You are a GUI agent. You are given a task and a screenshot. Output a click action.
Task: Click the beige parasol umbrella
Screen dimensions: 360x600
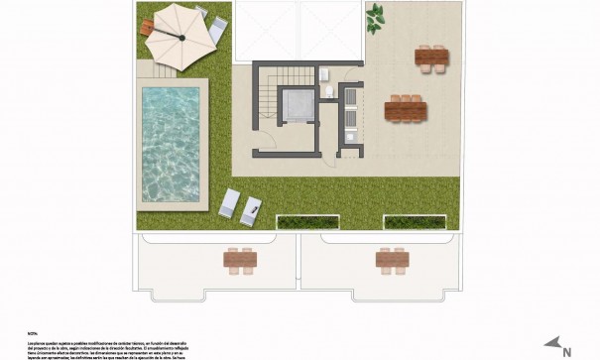[x=182, y=36]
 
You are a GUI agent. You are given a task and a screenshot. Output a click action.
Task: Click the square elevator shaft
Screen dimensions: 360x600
[x=296, y=104]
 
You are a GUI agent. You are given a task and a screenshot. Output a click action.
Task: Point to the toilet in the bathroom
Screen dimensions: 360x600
[x=327, y=93]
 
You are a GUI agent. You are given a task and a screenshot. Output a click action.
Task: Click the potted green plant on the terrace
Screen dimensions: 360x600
[x=375, y=17]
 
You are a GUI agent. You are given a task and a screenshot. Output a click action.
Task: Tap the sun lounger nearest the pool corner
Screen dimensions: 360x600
[x=228, y=202]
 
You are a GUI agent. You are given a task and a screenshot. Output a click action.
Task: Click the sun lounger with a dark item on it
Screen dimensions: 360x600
[x=250, y=209]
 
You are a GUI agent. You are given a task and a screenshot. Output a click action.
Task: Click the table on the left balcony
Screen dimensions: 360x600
[x=240, y=260]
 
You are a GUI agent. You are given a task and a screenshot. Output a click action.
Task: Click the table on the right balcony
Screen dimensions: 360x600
[x=392, y=260]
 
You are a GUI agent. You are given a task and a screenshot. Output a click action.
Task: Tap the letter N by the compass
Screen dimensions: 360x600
[x=566, y=351]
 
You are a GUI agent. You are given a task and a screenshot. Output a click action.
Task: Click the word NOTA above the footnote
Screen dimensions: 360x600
[x=32, y=306]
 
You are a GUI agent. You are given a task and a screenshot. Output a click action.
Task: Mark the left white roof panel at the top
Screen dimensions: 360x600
[x=265, y=30]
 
